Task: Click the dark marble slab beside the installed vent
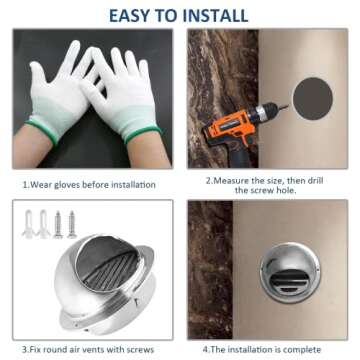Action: coord(210,270)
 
